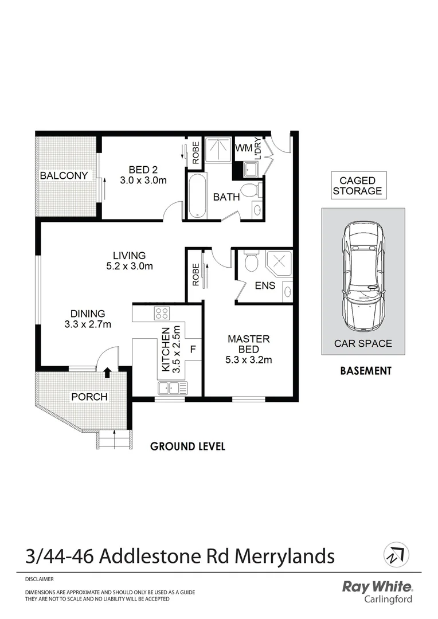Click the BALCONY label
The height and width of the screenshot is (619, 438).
tap(64, 175)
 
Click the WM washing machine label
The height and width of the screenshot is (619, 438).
tap(243, 148)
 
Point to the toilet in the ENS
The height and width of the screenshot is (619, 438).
tap(251, 263)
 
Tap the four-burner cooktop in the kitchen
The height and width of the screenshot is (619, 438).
tap(161, 313)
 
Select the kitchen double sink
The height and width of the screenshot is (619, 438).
tap(171, 388)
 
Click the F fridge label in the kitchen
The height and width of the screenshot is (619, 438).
tap(193, 348)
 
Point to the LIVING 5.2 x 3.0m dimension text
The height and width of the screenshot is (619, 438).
tap(129, 266)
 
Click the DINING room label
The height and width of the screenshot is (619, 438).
tap(88, 314)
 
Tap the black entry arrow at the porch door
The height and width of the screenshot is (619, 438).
tap(107, 372)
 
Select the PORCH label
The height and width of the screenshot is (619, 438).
tap(89, 397)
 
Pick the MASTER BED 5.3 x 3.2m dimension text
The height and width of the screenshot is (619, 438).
tap(248, 360)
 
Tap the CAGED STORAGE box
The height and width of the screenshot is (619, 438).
tap(357, 186)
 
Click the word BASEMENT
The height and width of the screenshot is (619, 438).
tap(366, 371)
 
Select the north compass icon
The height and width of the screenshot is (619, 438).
tap(395, 554)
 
